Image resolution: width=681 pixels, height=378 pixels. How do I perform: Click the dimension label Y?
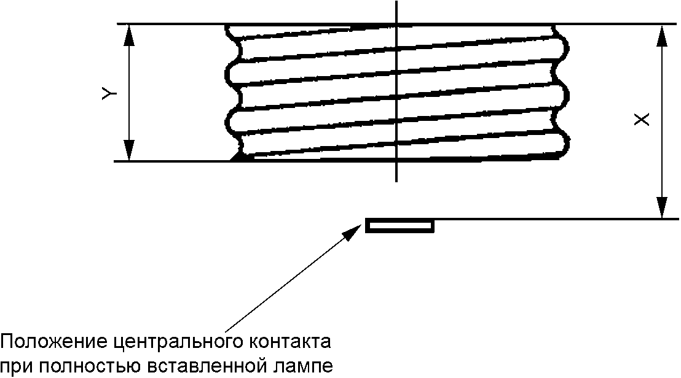coord(108,93)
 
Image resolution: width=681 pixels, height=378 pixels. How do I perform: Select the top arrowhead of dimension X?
coord(661,35)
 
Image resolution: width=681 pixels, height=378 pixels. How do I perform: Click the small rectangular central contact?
coord(400,226)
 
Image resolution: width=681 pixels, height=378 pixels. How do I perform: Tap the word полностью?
coord(87,366)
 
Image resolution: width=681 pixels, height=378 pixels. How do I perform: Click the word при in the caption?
coord(15,366)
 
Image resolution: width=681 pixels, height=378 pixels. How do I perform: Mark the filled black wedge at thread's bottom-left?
coord(237,157)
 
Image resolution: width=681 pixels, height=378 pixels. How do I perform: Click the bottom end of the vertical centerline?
coord(397,182)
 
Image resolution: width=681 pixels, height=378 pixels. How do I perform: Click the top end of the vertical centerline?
coord(397,2)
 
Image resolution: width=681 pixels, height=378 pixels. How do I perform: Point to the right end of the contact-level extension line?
coord(678,219)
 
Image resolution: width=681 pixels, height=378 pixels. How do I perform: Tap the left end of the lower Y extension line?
coord(115,161)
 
